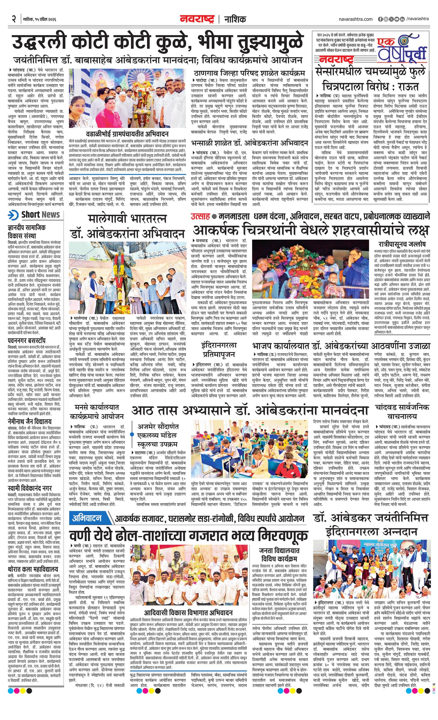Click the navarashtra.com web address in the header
pos(356,19)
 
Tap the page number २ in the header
pos(14,19)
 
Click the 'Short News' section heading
pos(40,215)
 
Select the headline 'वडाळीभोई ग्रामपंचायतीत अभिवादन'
pos(127,134)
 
